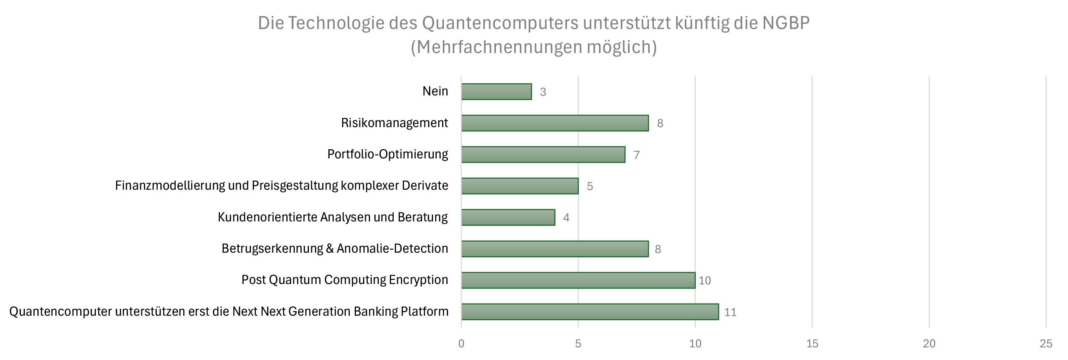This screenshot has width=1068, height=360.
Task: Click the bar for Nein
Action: coord(496,92)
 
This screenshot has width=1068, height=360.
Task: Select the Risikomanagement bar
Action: coord(555,123)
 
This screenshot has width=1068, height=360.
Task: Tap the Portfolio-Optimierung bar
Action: coord(543,155)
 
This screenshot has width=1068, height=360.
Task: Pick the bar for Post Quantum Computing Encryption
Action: coord(578,280)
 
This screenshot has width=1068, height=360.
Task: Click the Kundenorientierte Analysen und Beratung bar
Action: coord(508,217)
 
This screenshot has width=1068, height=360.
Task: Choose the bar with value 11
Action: coord(590,312)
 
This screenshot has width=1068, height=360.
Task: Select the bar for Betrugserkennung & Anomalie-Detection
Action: coord(555,249)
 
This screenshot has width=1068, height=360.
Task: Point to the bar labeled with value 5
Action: coord(520,186)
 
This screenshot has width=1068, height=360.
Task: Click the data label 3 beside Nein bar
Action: coord(543,92)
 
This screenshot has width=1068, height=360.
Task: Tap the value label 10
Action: coord(704,281)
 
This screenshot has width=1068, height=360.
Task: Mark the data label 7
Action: coord(637,155)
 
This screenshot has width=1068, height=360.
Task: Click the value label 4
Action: coord(566,218)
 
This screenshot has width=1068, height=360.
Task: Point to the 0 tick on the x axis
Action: coord(461,344)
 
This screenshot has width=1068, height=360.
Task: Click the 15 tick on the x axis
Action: coord(812,344)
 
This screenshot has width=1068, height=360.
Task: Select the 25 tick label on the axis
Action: coord(1045,344)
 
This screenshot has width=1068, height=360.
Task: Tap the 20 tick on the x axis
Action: coord(929,344)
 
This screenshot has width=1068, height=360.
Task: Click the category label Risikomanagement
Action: coord(394,123)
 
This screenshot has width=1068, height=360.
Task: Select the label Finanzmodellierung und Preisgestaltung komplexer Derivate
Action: coord(281,186)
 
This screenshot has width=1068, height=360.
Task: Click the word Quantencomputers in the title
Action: coord(500,23)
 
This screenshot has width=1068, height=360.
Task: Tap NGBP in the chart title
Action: coord(786,23)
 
